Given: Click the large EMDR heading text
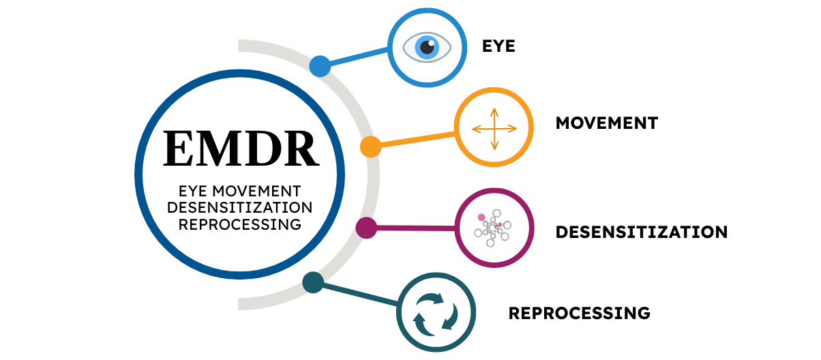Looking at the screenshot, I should pyautogui.click(x=241, y=148).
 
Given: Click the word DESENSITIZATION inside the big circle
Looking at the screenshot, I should pyautogui.click(x=240, y=207).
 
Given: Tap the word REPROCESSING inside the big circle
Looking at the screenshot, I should pyautogui.click(x=240, y=223).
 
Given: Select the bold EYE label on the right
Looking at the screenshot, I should pyautogui.click(x=498, y=46).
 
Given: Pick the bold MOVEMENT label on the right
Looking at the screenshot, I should pyautogui.click(x=606, y=123).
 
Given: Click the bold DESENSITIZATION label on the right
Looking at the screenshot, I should pyautogui.click(x=641, y=232).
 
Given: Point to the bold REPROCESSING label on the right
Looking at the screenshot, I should pyautogui.click(x=579, y=314).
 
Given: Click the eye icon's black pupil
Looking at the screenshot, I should pyautogui.click(x=427, y=48).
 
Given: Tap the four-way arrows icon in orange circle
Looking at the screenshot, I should pyautogui.click(x=494, y=127).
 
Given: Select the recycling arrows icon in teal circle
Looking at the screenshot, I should pyautogui.click(x=434, y=314).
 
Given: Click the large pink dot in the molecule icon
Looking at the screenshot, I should pyautogui.click(x=481, y=217).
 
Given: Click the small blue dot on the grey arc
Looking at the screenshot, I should pyautogui.click(x=320, y=66).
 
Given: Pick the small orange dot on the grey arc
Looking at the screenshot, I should pyautogui.click(x=370, y=147).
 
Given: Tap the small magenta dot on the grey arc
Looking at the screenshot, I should pyautogui.click(x=366, y=228).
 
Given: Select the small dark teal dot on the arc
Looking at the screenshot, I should pyautogui.click(x=312, y=282).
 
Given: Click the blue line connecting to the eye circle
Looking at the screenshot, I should pyautogui.click(x=358, y=57).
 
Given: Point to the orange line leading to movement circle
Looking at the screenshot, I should pyautogui.click(x=416, y=139).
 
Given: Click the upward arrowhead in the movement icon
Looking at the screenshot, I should pyautogui.click(x=494, y=110).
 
